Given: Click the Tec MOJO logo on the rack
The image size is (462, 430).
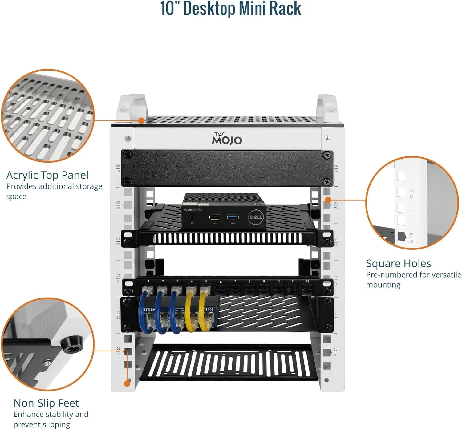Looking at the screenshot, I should tap(227, 139).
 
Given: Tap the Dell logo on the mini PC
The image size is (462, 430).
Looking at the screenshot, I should tap(256, 217).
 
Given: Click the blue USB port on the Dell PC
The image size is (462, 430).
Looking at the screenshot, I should tap(233, 217).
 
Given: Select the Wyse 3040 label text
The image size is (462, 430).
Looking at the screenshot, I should tap(193, 210).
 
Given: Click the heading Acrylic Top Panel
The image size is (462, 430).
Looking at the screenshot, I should tap(47, 175).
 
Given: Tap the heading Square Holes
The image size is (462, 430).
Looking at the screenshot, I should tap(398, 263).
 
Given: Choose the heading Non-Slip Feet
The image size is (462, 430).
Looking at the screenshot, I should tap(46, 403).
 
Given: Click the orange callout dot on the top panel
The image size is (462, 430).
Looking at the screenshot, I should tap(141, 120).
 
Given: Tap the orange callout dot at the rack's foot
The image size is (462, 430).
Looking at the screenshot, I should tap(127, 383).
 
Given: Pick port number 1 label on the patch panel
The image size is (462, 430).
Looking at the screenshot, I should tap(148, 281).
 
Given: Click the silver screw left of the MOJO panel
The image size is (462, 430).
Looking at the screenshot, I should tap(128, 139).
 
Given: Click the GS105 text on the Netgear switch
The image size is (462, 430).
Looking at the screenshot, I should tap(209, 310).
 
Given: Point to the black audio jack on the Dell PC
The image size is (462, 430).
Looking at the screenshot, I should tap(192, 217).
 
